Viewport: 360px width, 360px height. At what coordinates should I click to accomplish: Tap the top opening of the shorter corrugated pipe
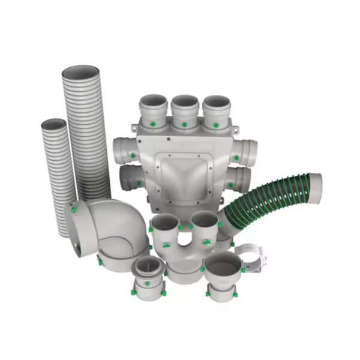(x=53, y=125)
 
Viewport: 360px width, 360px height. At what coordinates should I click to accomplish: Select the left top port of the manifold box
(x=153, y=101)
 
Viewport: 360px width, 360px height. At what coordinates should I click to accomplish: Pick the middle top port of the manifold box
(x=185, y=102)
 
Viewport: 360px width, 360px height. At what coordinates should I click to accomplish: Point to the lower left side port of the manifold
(x=129, y=177)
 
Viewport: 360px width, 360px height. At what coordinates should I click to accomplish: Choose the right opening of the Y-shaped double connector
(x=204, y=219)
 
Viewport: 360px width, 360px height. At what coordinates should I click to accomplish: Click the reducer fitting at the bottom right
(x=223, y=273)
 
